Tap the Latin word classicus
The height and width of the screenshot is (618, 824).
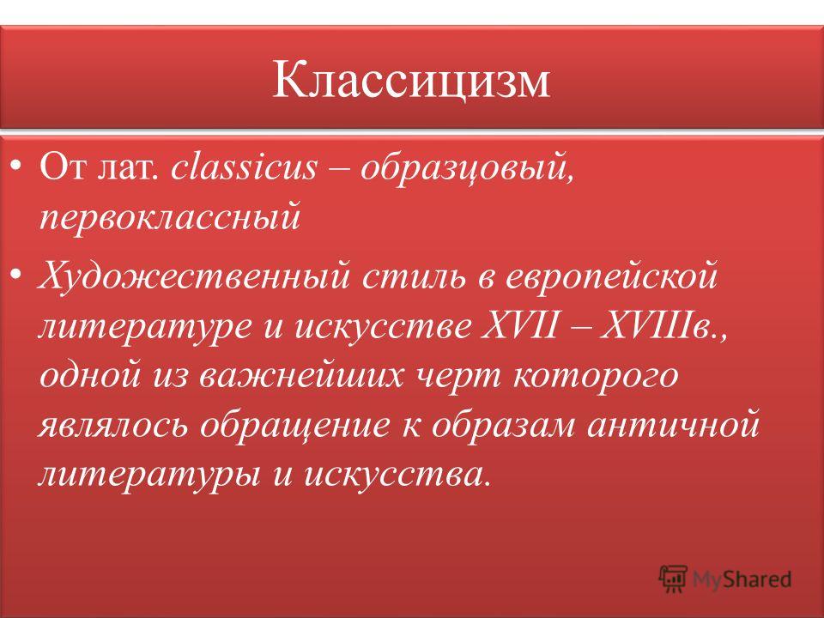(244, 167)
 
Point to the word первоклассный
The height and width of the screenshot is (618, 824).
(170, 216)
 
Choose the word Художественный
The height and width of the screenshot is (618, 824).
(194, 276)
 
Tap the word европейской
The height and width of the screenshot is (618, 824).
(611, 277)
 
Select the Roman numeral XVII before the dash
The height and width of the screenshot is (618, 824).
(518, 325)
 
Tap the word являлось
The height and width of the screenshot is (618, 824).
(113, 425)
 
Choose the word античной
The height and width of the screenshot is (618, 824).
(673, 425)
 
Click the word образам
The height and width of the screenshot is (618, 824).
(503, 425)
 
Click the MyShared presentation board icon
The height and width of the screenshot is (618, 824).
(673, 579)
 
